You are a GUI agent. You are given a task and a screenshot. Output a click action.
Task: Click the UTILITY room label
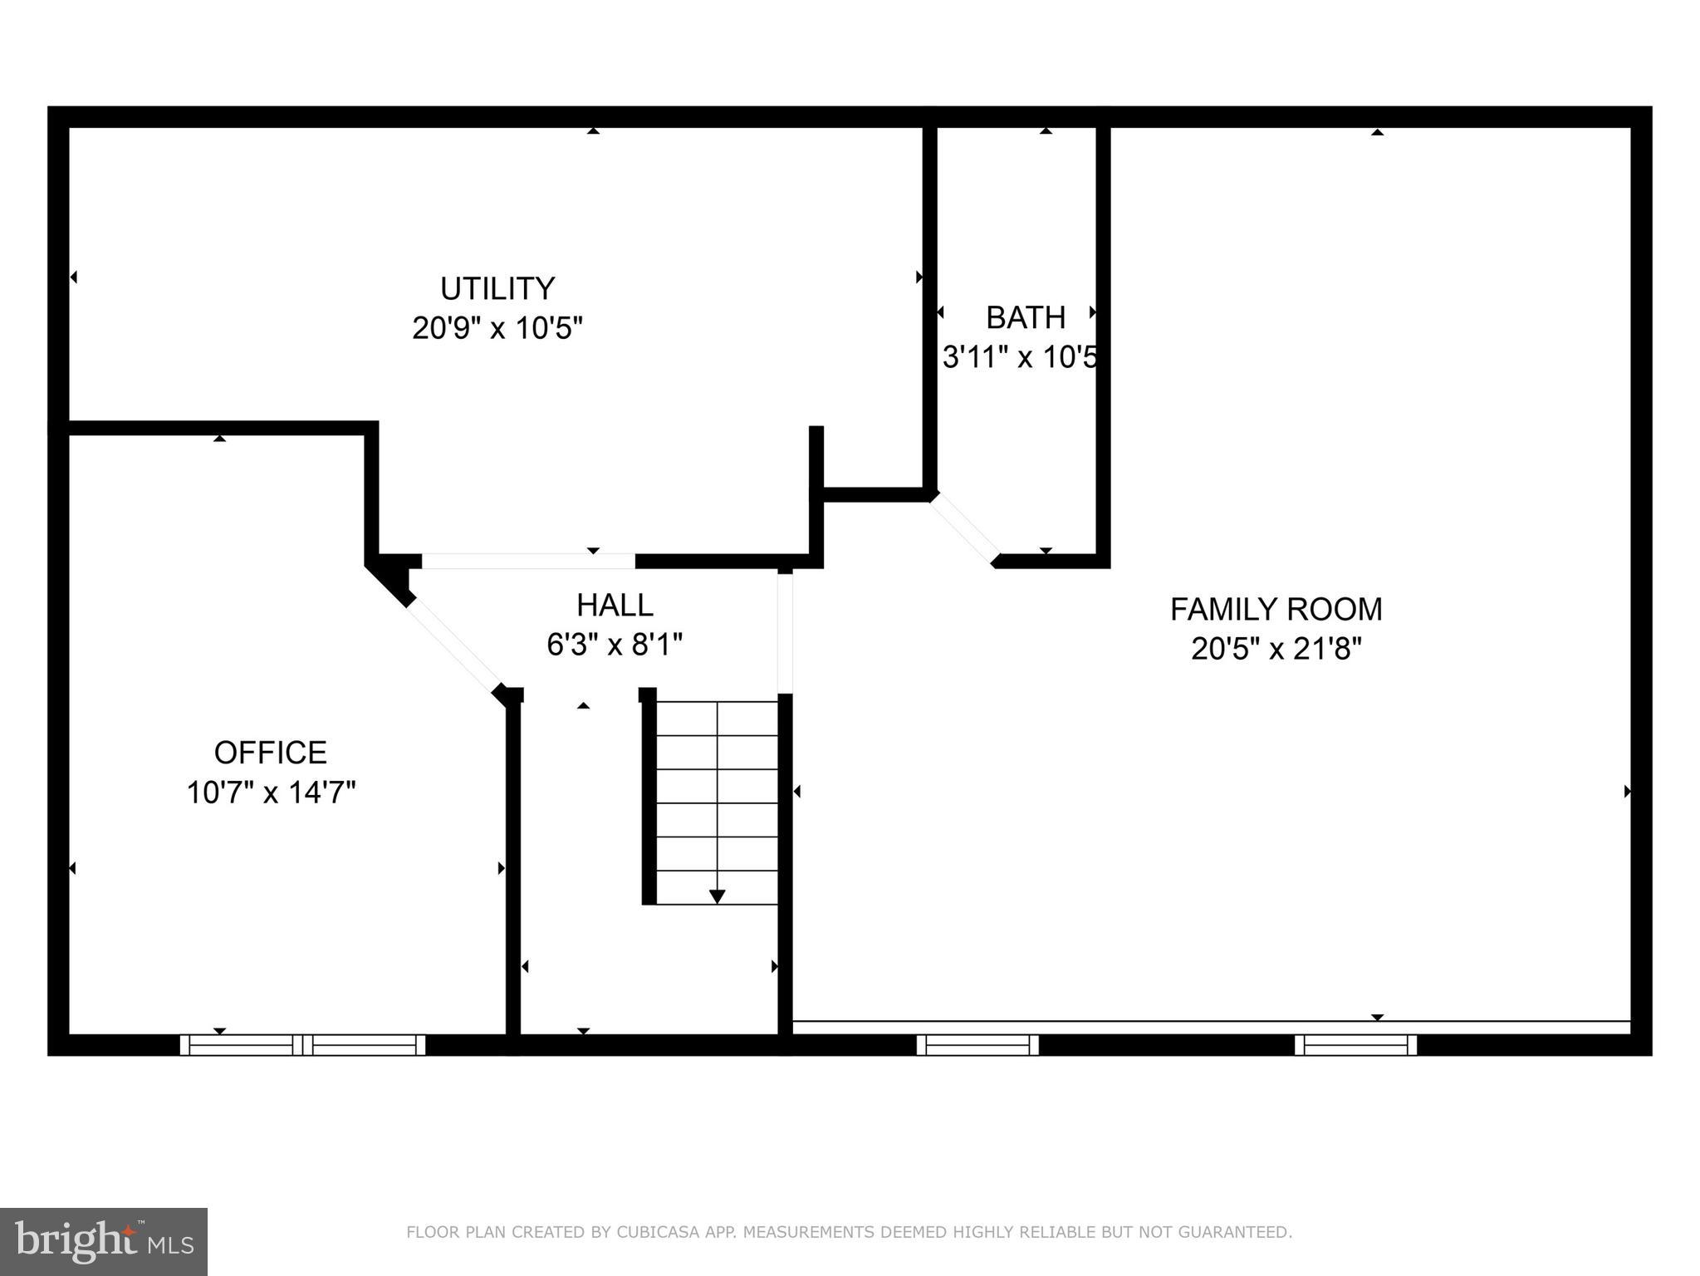(497, 289)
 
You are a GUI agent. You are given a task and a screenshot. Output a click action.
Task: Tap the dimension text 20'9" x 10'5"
(497, 328)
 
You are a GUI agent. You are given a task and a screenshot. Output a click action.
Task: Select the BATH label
(1025, 317)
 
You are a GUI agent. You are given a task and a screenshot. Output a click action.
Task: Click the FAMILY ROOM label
(1276, 610)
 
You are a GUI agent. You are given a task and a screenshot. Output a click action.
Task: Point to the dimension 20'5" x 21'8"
(1276, 649)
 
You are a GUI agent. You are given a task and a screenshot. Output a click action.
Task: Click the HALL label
(615, 605)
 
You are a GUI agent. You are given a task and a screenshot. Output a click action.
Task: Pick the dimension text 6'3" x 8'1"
(615, 644)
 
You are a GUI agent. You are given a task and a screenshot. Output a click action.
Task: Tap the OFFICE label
(270, 753)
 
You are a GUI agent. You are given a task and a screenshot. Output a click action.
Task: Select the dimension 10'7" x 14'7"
(270, 793)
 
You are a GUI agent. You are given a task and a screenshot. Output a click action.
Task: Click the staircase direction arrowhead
(717, 896)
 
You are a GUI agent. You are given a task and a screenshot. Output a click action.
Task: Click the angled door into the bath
(963, 528)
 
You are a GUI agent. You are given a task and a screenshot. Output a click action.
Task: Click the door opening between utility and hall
(528, 561)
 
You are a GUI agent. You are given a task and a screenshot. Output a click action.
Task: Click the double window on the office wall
(302, 1044)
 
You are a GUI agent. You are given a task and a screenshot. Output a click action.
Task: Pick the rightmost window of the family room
(1355, 1044)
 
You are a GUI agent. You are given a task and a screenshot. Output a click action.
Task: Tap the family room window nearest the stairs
(977, 1044)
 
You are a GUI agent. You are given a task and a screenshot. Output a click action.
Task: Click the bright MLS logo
(103, 1241)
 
